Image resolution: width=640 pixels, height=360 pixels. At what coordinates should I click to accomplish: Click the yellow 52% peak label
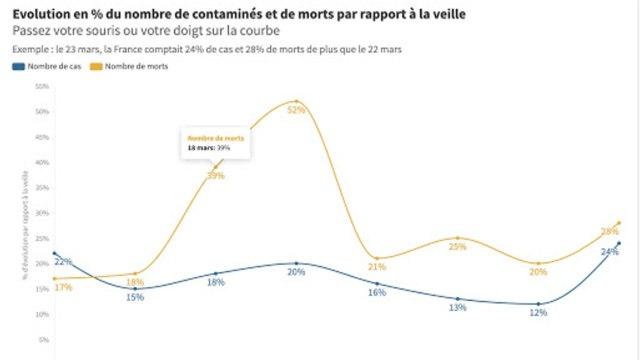click(x=295, y=110)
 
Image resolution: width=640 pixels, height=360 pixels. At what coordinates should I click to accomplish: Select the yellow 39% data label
click(x=215, y=176)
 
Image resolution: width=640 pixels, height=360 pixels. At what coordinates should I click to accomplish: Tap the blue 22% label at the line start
click(x=62, y=262)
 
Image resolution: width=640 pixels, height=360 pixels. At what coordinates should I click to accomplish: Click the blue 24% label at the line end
click(x=609, y=252)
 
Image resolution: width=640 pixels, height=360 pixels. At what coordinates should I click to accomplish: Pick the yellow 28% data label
click(x=610, y=231)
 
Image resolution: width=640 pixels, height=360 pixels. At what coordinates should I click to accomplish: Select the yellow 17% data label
click(x=62, y=288)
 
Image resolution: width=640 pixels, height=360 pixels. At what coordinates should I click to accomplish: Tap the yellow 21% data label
click(x=377, y=267)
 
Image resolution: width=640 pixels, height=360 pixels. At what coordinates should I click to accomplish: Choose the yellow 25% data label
click(x=457, y=246)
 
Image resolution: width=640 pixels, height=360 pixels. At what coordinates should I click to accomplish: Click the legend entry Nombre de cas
click(x=48, y=67)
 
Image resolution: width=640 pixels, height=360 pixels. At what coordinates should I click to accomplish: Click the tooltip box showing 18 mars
click(x=215, y=142)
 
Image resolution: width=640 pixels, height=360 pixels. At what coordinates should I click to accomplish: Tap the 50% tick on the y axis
click(x=42, y=111)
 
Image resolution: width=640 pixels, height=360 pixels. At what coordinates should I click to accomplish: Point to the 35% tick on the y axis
click(x=42, y=187)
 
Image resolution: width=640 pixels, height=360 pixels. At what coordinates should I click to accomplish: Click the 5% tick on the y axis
click(x=44, y=340)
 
